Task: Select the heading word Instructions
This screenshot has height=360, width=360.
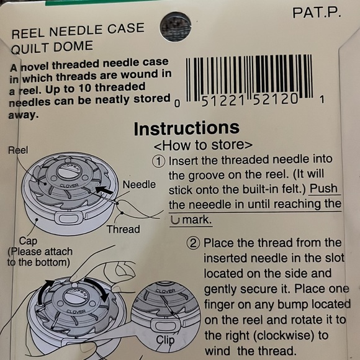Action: pos(186,128)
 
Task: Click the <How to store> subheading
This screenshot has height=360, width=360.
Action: pos(203,146)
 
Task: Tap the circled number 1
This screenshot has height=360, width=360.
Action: pos(159,161)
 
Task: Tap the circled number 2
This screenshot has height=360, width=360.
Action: pos(193,243)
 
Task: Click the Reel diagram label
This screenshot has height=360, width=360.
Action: pos(18,150)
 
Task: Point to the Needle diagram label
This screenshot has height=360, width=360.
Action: pos(139,184)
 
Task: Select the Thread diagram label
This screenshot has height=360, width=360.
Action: pos(123,229)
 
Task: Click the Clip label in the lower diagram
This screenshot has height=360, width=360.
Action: pos(165,340)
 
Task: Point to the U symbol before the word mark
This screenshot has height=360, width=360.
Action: pos(174,219)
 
